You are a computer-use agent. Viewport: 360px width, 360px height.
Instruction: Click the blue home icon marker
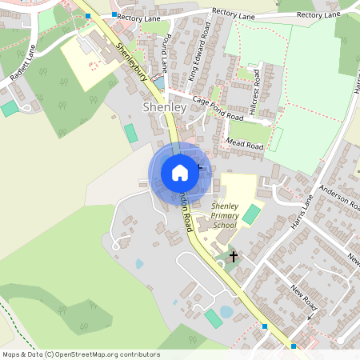tap(180, 172)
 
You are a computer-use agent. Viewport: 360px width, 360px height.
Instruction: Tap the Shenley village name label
tap(164, 106)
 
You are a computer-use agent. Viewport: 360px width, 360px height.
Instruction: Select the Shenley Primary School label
tap(224, 216)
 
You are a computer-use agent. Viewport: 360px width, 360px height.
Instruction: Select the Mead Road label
tap(245, 145)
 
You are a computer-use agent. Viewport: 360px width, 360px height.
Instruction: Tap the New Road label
tap(305, 298)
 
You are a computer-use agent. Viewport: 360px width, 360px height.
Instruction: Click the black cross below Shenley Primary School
tap(234, 257)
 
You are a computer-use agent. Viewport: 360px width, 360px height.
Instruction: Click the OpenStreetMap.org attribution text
tap(80, 354)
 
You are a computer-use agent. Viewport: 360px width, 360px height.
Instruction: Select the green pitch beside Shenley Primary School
tap(251, 214)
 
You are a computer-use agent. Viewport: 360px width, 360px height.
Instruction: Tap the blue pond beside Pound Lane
tap(160, 82)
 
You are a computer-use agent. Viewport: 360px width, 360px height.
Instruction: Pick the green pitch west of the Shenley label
tap(130, 133)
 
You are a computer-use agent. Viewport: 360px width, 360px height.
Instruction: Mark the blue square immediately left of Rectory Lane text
tap(114, 15)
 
